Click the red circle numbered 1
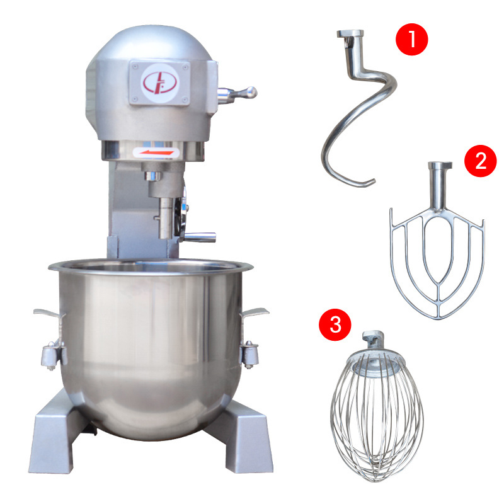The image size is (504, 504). pyautogui.click(x=411, y=39)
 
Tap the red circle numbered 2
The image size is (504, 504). pyautogui.click(x=481, y=161)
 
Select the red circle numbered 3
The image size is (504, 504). pyautogui.click(x=335, y=324)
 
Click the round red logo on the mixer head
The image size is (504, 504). pyautogui.click(x=160, y=83)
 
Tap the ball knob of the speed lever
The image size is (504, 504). pyautogui.click(x=250, y=92)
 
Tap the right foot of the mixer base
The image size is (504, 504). pyautogui.click(x=241, y=440)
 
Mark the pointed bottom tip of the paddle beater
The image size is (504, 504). pyautogui.click(x=437, y=318)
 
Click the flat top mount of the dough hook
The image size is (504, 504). pyautogui.click(x=350, y=33)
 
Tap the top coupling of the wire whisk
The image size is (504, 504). pyautogui.click(x=373, y=338)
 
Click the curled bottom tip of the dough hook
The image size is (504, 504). pyautogui.click(x=367, y=184)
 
